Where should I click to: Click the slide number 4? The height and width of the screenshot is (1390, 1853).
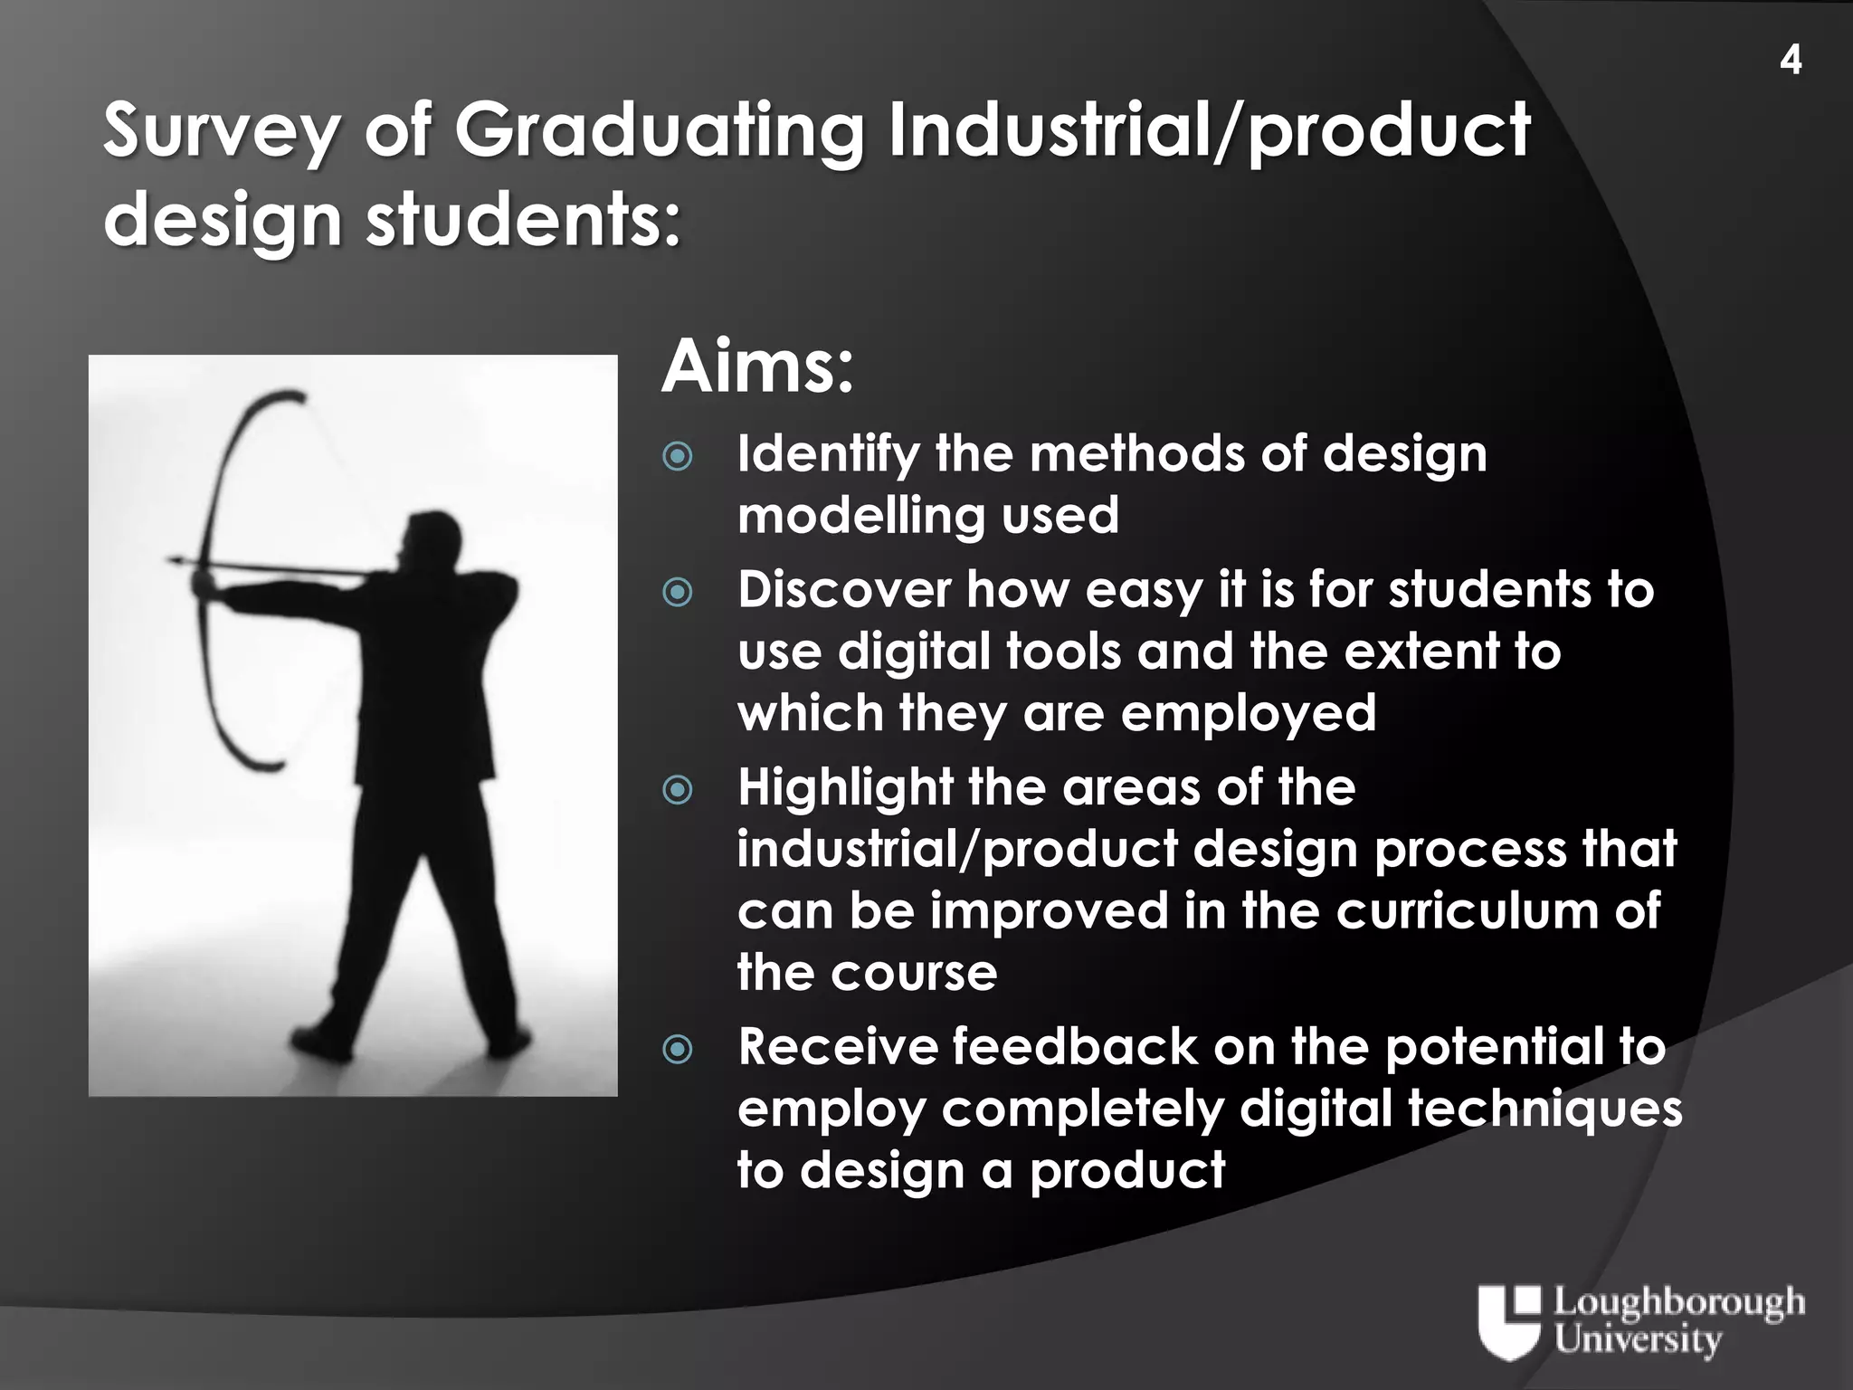(x=1790, y=61)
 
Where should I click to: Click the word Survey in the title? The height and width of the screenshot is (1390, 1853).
(x=222, y=131)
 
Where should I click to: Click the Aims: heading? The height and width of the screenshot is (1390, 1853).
(x=757, y=367)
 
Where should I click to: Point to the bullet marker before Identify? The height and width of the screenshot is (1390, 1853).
(x=678, y=456)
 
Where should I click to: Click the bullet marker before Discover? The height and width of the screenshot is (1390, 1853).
(x=678, y=593)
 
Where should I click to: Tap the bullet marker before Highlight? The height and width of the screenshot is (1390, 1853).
(x=678, y=790)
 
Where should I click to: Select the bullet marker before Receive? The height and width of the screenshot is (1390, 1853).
(x=678, y=1050)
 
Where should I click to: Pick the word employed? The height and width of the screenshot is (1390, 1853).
(x=1248, y=713)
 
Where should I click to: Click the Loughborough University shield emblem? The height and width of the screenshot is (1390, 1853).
(x=1508, y=1321)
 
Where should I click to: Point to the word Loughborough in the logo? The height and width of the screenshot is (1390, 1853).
(x=1679, y=1304)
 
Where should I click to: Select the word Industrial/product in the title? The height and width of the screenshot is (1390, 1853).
(x=1209, y=131)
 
